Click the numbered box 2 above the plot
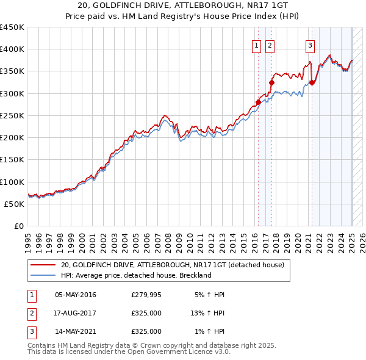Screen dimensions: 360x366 (x=269, y=44)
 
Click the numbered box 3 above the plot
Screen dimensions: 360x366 (x=310, y=44)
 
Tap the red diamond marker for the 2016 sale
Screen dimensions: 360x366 (x=258, y=102)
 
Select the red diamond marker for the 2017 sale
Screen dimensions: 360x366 (x=271, y=82)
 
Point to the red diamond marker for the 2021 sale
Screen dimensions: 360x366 (x=312, y=82)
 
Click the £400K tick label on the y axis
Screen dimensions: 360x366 (x=12, y=49)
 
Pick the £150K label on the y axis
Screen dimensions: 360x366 (x=12, y=160)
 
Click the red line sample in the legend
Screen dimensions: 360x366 (x=43, y=265)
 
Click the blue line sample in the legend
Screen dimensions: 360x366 (x=43, y=275)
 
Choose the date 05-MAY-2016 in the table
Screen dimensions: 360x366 (x=76, y=295)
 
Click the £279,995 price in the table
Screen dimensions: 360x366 (x=146, y=295)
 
